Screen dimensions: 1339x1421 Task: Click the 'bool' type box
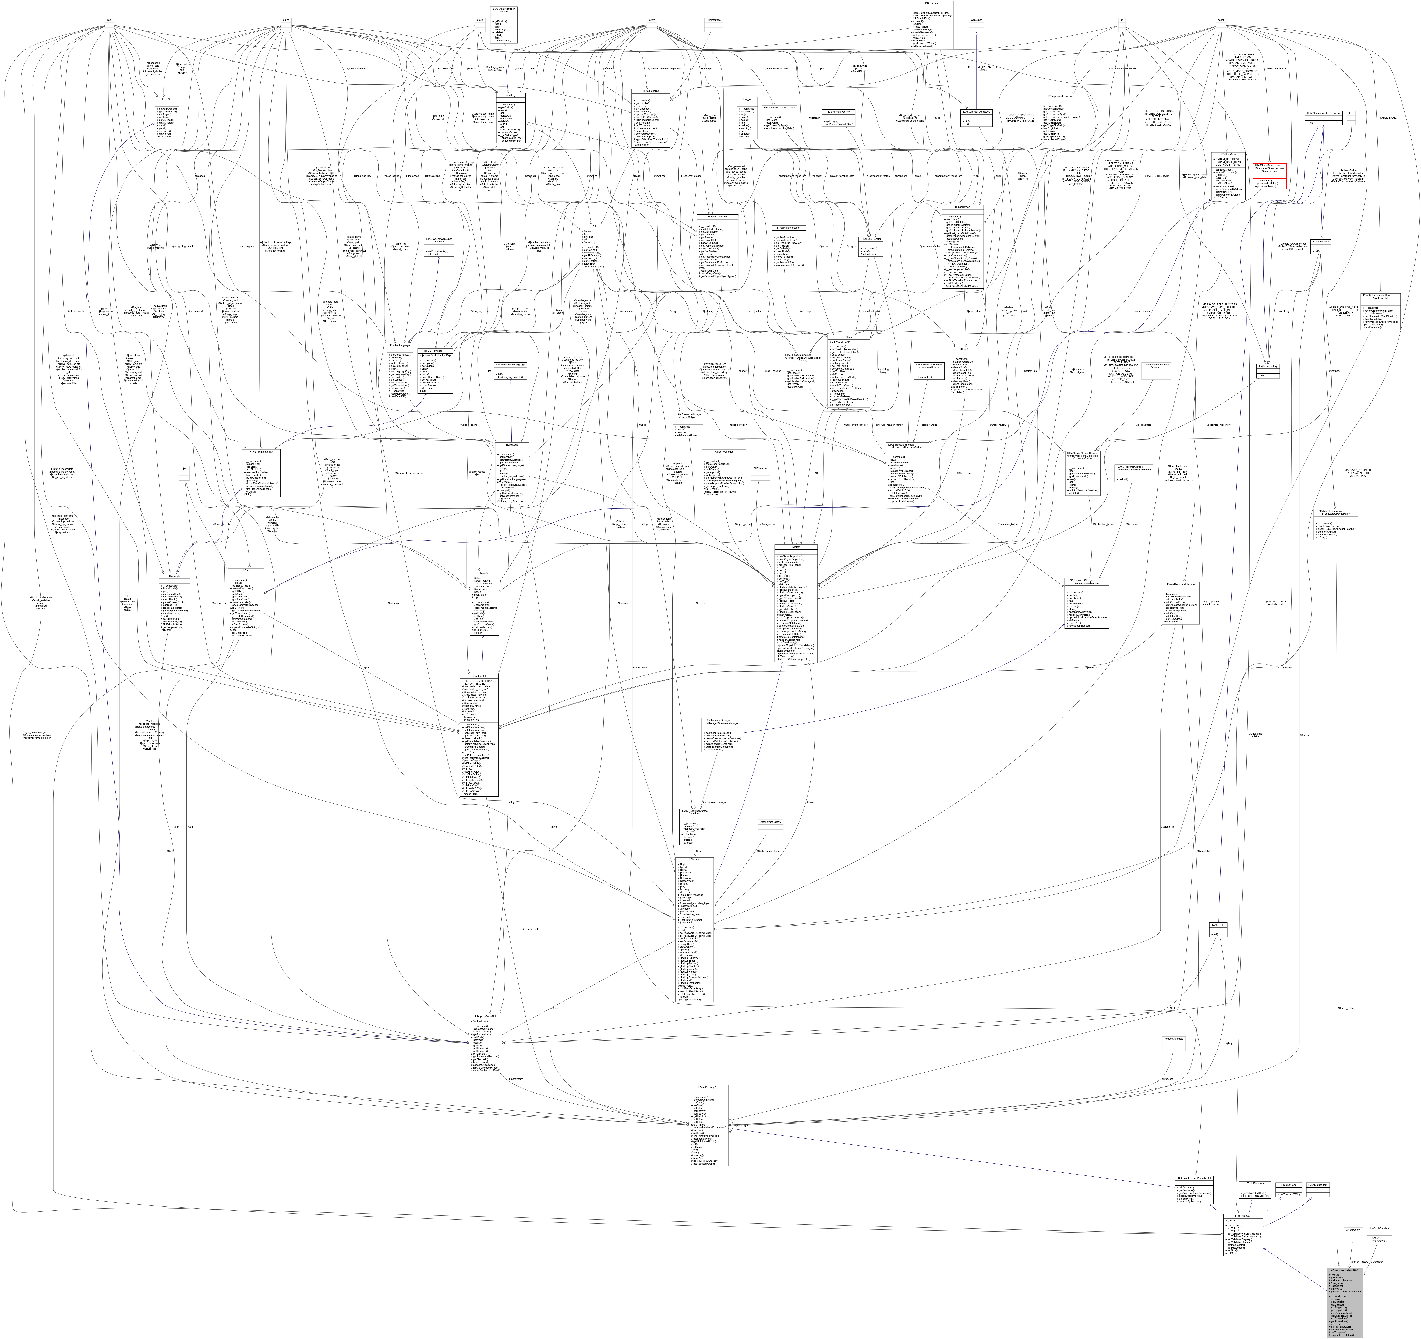[109, 20]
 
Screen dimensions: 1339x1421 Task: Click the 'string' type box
[286, 20]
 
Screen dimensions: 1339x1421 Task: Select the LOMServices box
[760, 468]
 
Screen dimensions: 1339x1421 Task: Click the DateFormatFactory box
[770, 822]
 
